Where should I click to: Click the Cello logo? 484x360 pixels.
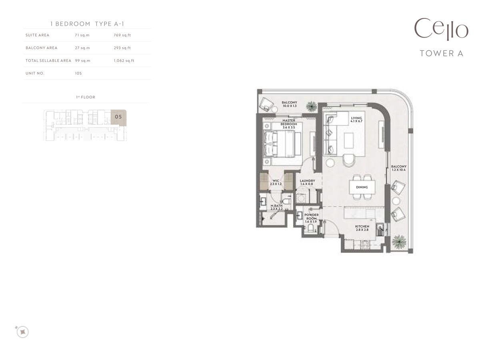click(441, 29)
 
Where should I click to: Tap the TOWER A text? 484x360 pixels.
click(441, 53)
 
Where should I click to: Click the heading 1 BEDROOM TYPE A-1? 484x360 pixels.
click(87, 24)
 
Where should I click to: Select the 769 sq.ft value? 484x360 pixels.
click(122, 35)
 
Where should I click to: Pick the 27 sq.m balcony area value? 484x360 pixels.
click(82, 48)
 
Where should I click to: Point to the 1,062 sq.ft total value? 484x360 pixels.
click(124, 61)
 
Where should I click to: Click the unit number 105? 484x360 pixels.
click(78, 74)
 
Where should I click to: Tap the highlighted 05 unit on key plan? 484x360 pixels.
click(118, 117)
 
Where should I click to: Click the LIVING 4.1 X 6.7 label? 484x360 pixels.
click(356, 120)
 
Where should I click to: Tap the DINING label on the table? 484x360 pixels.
click(361, 187)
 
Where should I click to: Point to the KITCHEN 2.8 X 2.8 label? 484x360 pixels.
click(362, 228)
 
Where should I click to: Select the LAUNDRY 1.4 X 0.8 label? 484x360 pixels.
click(307, 182)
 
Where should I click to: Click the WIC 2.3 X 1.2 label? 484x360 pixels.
click(276, 182)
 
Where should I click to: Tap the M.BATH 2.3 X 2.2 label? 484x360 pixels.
click(276, 207)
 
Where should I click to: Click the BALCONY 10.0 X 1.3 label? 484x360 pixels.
click(289, 104)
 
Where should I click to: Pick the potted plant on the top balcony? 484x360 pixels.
click(311, 106)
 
